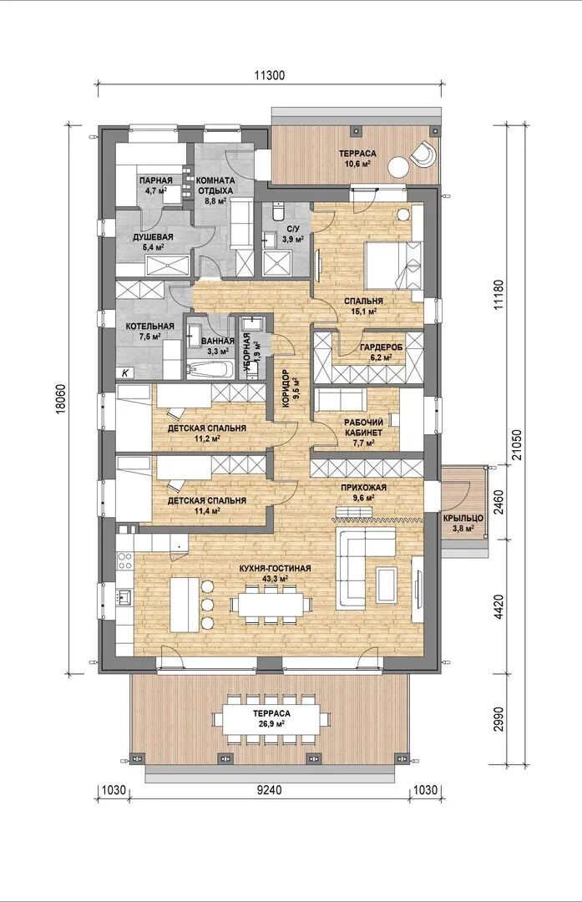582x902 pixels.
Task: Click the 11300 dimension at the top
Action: click(269, 75)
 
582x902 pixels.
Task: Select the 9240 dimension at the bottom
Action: click(269, 790)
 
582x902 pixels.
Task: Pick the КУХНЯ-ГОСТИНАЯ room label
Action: click(275, 569)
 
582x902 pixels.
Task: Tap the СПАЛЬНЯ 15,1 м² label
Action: click(363, 306)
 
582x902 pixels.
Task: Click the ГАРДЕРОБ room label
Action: click(382, 347)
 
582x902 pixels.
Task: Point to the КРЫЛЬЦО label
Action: click(463, 518)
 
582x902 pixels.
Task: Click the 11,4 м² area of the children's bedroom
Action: click(206, 510)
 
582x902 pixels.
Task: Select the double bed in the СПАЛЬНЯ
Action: click(394, 266)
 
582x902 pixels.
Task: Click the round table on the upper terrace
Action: click(398, 167)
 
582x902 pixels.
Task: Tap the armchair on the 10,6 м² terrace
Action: click(423, 153)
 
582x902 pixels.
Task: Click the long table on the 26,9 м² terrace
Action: click(271, 719)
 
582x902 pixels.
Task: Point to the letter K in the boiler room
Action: click(125, 372)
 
